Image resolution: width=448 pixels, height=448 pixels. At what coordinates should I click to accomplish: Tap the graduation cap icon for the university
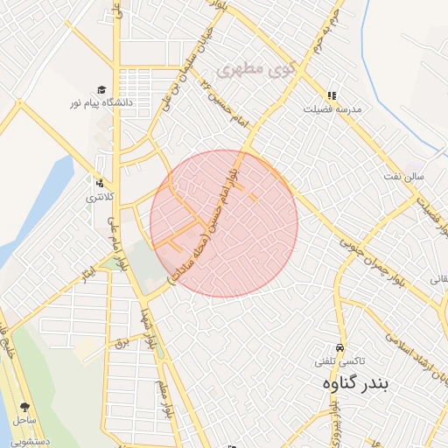pos(101,90)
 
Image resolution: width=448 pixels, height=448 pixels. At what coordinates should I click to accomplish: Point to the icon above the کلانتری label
pos(100,184)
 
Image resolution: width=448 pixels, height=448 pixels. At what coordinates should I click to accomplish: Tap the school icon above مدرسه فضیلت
pos(331,95)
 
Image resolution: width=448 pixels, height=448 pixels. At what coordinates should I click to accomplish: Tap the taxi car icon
pos(340,347)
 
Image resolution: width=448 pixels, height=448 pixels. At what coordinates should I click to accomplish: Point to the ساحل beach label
pos(24,421)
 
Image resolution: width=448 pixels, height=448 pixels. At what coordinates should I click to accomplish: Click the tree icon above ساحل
pos(24,407)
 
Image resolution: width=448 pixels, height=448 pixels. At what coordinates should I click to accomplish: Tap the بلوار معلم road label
pos(163,398)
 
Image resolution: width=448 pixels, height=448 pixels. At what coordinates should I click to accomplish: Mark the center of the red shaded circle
pos(224,223)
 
